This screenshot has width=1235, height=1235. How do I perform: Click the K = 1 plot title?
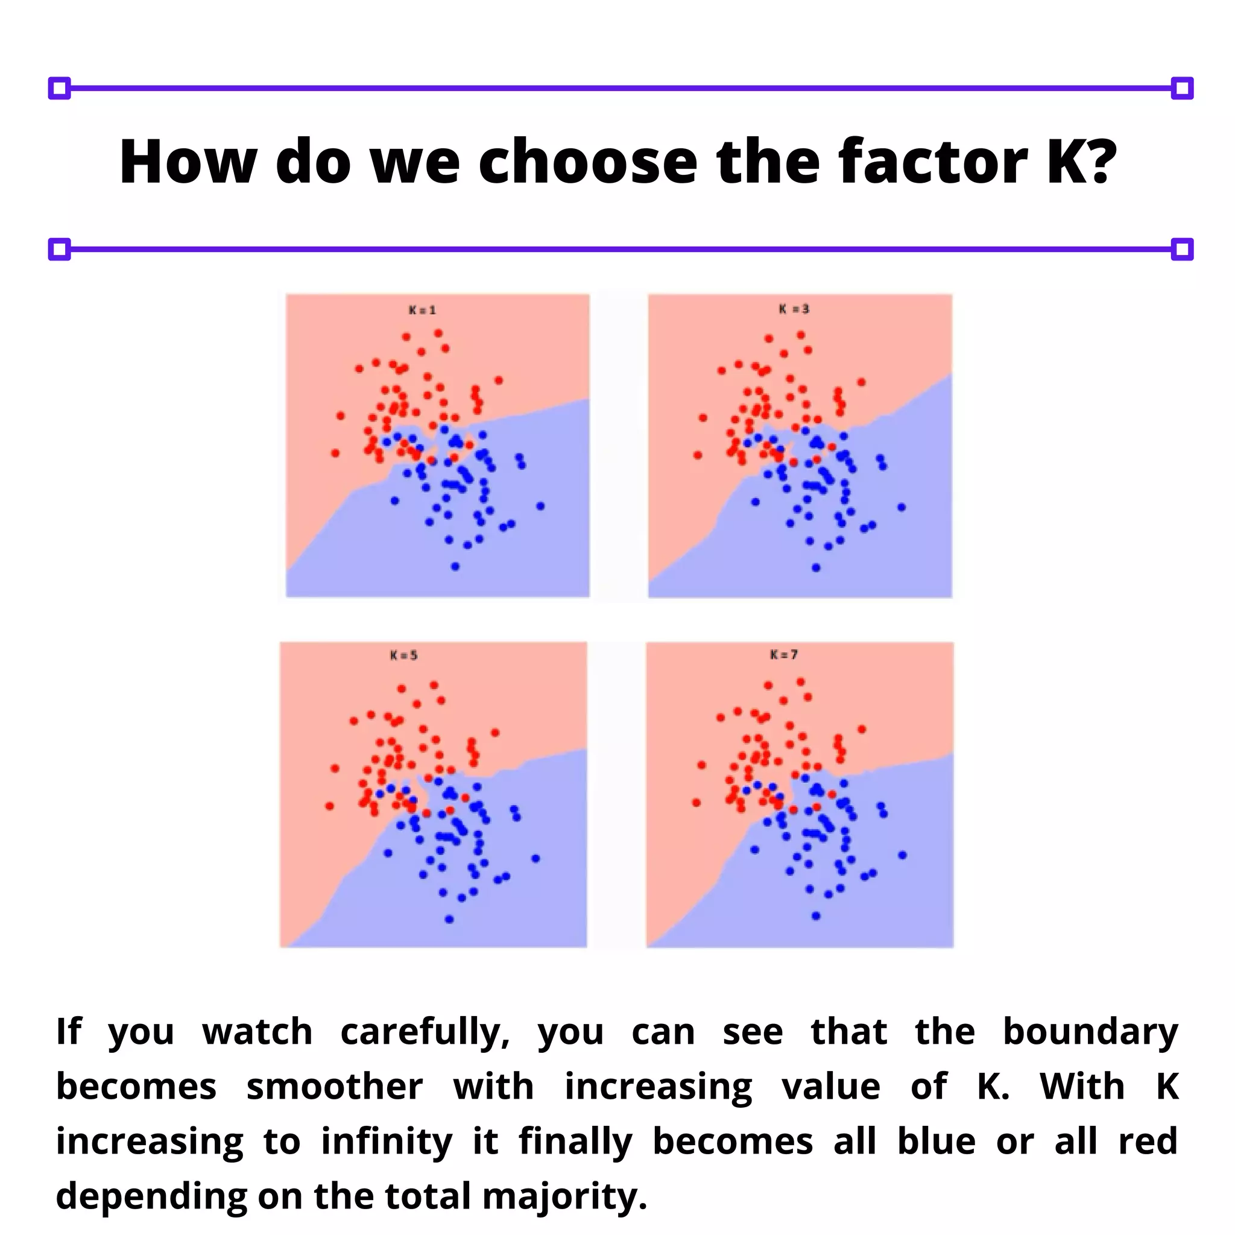click(422, 310)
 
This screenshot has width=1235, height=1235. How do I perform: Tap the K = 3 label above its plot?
click(794, 309)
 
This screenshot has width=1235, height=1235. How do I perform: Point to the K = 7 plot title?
click(784, 654)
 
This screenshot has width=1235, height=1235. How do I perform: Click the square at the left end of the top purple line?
click(60, 88)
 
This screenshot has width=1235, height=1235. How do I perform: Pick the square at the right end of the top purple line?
click(1182, 88)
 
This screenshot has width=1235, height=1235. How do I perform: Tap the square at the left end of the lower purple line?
click(60, 249)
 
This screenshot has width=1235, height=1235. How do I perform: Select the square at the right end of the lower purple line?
click(1182, 249)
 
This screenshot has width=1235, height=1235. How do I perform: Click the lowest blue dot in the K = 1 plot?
click(455, 566)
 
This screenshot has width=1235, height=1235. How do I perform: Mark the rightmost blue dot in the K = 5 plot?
click(535, 859)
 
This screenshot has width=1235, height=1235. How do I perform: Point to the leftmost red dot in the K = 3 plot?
click(698, 455)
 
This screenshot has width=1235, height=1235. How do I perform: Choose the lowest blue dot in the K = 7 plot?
click(816, 916)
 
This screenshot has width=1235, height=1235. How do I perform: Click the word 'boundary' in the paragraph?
click(1090, 1032)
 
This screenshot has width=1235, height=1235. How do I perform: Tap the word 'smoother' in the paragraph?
click(334, 1087)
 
